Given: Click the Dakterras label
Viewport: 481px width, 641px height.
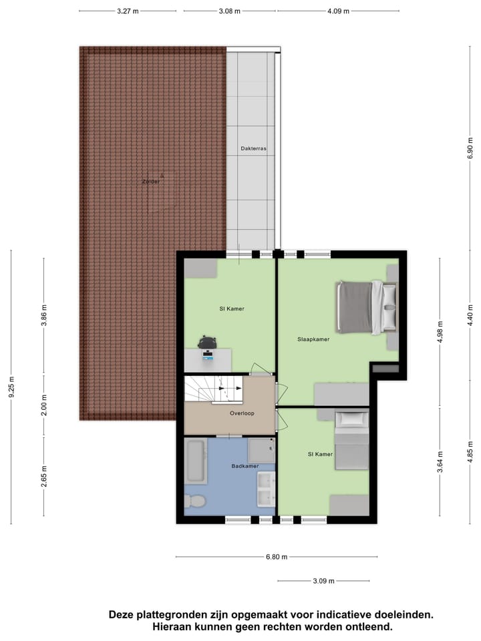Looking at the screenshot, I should point(253,149).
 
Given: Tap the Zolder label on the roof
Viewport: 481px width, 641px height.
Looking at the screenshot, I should point(150,181).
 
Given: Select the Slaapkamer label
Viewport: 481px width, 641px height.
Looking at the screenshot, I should point(313,339).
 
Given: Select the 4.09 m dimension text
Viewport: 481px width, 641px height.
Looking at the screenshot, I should point(338,11).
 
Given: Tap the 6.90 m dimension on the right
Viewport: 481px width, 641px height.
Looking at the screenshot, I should point(470,147).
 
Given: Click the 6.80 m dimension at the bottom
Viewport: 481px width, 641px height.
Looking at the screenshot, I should point(276,557).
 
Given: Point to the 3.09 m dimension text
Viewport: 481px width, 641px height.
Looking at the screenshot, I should point(324,581).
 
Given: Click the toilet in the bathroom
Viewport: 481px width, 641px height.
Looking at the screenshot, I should point(195,500).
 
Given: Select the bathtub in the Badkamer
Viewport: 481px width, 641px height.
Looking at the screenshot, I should point(196,461).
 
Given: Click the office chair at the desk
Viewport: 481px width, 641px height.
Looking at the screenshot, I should point(208,343).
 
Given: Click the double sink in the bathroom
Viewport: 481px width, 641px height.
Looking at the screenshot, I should point(265,489).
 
